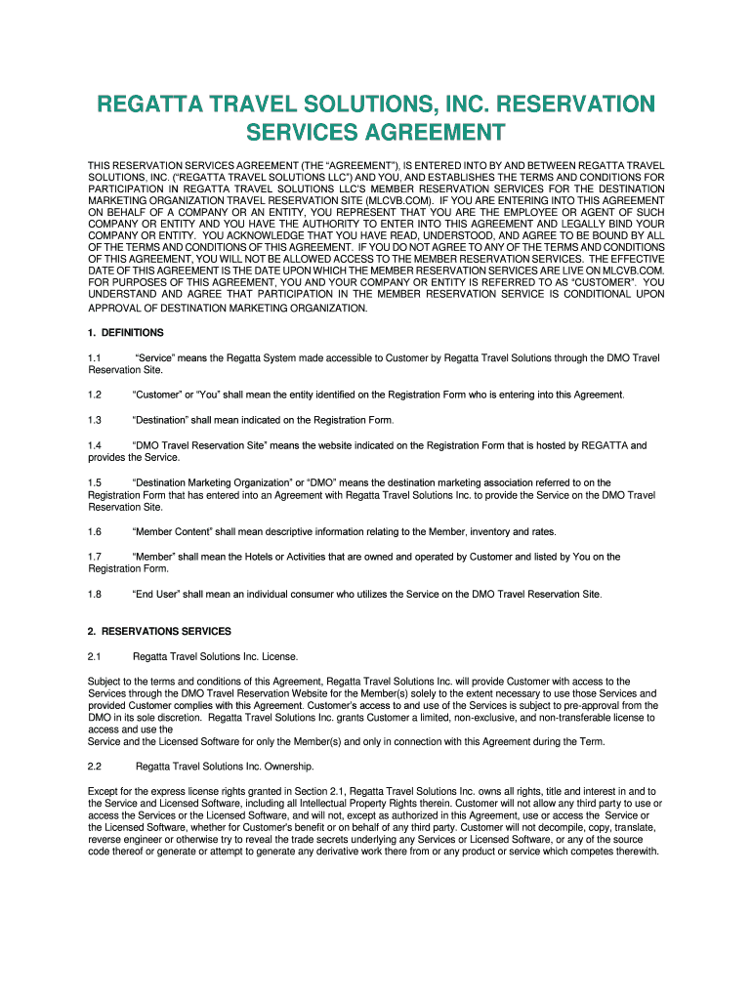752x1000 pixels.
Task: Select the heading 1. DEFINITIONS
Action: pos(126,333)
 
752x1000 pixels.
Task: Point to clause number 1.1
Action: pos(95,358)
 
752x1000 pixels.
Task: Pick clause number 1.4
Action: pos(95,445)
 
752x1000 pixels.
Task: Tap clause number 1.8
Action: pos(95,594)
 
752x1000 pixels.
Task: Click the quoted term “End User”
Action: pos(157,594)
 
